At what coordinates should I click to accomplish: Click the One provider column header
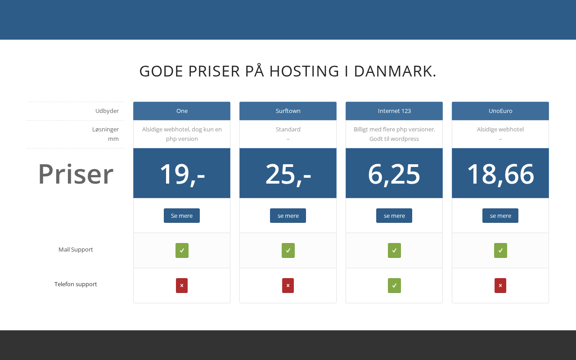(182, 111)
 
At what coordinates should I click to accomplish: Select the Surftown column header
(288, 111)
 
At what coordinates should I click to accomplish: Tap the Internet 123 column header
(394, 111)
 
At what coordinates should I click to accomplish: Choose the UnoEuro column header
(500, 111)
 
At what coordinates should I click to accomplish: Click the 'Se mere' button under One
(182, 216)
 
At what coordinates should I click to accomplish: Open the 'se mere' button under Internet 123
(394, 216)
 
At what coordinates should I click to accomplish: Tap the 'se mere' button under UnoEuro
(500, 216)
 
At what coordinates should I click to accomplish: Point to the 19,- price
(182, 174)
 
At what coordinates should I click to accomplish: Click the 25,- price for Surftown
(288, 174)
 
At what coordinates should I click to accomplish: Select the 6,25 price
(394, 174)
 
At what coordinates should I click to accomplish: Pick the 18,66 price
(500, 174)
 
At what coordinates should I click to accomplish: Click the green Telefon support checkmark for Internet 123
(394, 285)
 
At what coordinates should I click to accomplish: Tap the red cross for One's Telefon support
(182, 285)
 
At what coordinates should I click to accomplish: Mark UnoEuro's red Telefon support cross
(500, 285)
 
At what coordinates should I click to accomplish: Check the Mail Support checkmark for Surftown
(288, 250)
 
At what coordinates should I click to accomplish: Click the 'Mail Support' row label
(76, 249)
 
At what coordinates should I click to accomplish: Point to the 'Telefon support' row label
(76, 284)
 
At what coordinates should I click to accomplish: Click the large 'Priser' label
(76, 174)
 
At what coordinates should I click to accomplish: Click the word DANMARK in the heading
(395, 72)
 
